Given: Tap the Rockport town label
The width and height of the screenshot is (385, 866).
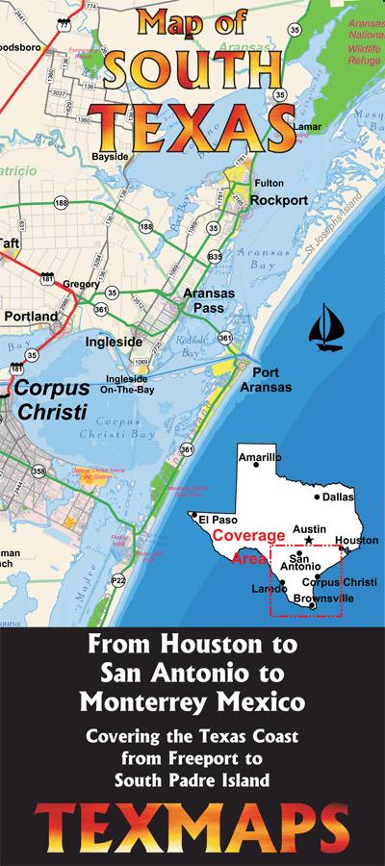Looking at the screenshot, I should [x=278, y=200].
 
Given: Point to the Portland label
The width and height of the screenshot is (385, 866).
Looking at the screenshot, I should [x=31, y=316].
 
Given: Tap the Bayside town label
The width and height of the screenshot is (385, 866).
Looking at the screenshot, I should [x=109, y=154].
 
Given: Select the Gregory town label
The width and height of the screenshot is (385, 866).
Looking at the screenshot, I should [x=81, y=285].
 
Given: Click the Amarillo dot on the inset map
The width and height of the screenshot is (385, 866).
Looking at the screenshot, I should [x=256, y=465].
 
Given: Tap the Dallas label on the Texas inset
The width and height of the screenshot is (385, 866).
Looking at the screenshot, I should [x=338, y=497].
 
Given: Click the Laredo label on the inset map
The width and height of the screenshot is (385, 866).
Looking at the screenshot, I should [x=269, y=588].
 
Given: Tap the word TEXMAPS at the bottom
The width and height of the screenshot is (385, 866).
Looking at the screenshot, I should [x=192, y=824].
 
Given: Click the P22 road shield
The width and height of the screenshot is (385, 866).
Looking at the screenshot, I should [x=118, y=580].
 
